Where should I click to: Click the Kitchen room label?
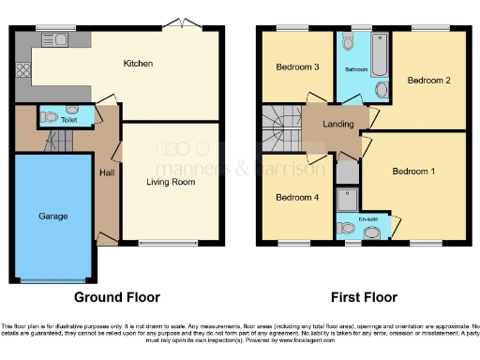tap(138, 64)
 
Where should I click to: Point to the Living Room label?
tap(170, 182)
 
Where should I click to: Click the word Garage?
tap(52, 216)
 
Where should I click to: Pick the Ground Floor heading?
tap(117, 297)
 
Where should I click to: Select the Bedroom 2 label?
tap(429, 81)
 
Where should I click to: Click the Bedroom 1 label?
tap(413, 172)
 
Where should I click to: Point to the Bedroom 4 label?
tap(296, 197)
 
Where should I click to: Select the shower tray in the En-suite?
tap(346, 199)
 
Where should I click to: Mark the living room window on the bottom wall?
tap(169, 245)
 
